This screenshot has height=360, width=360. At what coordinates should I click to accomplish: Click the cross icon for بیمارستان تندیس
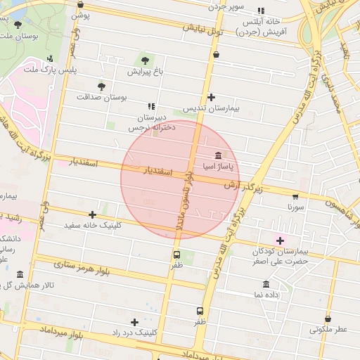pyautogui.click(x=211, y=98)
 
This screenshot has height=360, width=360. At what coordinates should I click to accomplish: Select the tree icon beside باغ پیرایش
pyautogui.click(x=146, y=60)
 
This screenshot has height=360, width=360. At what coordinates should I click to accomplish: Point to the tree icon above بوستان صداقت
pyautogui.click(x=103, y=86)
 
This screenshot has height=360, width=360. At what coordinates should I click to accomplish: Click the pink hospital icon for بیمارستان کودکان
pyautogui.click(x=280, y=240)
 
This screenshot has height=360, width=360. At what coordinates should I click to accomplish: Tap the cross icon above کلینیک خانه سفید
pyautogui.click(x=92, y=214)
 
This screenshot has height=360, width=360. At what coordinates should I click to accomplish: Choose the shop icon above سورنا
pyautogui.click(x=295, y=197)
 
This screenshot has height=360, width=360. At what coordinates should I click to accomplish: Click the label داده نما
pyautogui.click(x=266, y=295)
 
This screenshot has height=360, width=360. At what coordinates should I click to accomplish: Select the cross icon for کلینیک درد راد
pyautogui.click(x=134, y=321)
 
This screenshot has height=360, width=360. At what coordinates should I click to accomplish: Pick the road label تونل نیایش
pyautogui.click(x=203, y=31)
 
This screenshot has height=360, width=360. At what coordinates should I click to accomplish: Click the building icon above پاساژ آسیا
pyautogui.click(x=217, y=155)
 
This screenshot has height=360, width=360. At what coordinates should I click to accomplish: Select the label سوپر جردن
pyautogui.click(x=226, y=6)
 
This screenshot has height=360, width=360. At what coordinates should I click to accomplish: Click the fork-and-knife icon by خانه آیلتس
pyautogui.click(x=261, y=11)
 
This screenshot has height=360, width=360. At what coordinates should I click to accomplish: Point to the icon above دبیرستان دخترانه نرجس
pyautogui.click(x=151, y=106)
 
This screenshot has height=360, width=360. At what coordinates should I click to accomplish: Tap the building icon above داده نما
pyautogui.click(x=266, y=284)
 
